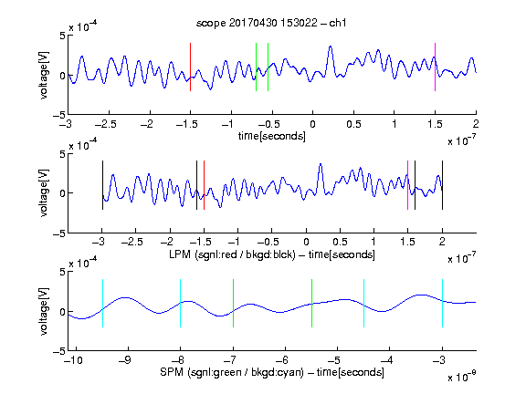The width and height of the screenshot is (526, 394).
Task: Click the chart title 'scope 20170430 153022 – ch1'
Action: click(x=271, y=23)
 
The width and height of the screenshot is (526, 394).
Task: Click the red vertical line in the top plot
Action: click(x=190, y=67)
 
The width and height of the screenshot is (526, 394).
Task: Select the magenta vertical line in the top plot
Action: click(x=435, y=67)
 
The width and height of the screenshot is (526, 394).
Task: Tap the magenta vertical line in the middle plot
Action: click(x=407, y=185)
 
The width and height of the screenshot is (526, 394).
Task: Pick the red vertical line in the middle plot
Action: click(x=204, y=185)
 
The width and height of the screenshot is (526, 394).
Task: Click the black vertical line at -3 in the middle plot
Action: click(x=102, y=185)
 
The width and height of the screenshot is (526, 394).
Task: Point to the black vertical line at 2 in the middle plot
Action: click(x=442, y=185)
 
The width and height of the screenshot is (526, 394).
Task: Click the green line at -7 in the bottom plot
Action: click(x=233, y=303)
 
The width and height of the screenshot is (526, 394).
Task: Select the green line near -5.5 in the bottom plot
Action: click(x=311, y=303)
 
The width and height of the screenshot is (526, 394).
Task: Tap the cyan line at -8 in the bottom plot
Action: click(x=181, y=303)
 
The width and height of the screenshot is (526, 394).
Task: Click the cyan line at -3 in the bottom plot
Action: click(x=442, y=303)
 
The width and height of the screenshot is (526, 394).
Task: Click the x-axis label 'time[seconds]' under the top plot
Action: click(x=272, y=136)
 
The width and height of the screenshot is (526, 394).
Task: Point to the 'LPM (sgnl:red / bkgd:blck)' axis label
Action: click(x=232, y=254)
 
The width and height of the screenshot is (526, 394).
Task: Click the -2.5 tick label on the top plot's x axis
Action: click(x=106, y=124)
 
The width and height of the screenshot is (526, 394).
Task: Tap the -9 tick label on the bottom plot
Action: click(x=125, y=360)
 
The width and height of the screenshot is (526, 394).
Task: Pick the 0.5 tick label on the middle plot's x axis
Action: click(x=340, y=242)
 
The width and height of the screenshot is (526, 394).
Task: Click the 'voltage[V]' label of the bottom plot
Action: click(x=44, y=311)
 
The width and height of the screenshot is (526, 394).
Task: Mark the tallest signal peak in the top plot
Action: click(x=331, y=47)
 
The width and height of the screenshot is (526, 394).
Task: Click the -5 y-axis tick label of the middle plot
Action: click(x=59, y=233)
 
